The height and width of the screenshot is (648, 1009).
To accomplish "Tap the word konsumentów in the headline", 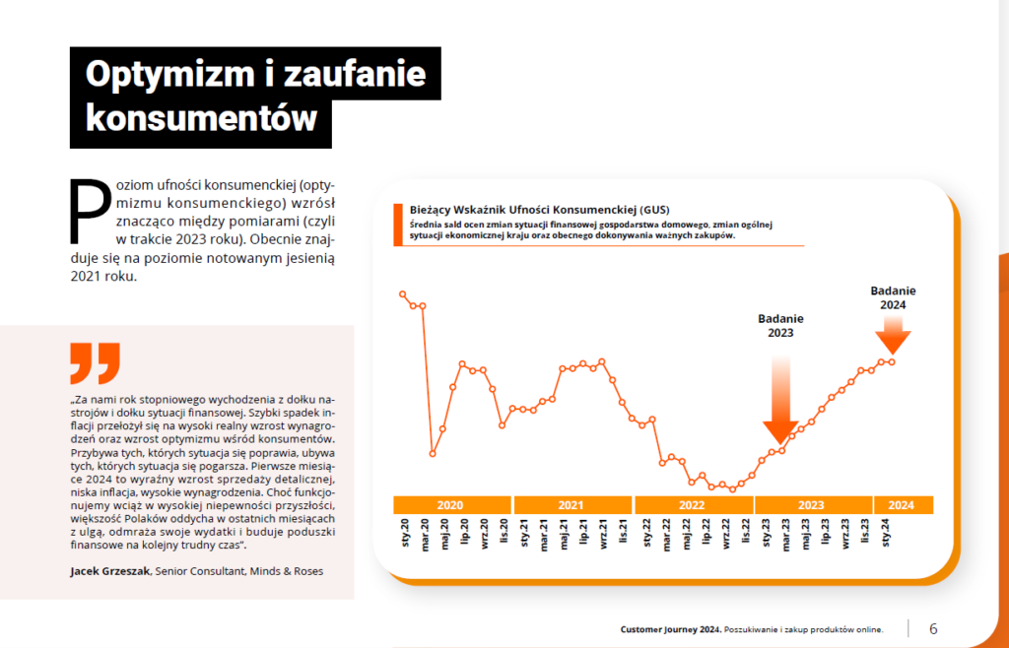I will pyautogui.click(x=202, y=118).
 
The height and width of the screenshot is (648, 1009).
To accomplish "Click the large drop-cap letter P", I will pyautogui.click(x=90, y=211).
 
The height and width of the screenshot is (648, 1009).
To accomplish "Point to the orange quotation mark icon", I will pyautogui.click(x=95, y=362).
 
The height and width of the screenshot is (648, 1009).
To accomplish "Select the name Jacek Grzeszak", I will pyautogui.click(x=108, y=571).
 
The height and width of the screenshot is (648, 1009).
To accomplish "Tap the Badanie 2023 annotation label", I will pyautogui.click(x=780, y=326).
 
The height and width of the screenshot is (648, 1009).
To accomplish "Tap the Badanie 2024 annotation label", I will pyautogui.click(x=894, y=297).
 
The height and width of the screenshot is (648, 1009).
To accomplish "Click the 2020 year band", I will pyautogui.click(x=450, y=505).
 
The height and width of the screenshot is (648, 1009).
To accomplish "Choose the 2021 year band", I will pyautogui.click(x=571, y=505).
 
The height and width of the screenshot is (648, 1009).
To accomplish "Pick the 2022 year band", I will pyautogui.click(x=692, y=505).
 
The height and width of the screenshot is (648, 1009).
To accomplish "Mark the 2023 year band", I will pyautogui.click(x=811, y=505).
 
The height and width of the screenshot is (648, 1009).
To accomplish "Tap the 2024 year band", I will pyautogui.click(x=902, y=505).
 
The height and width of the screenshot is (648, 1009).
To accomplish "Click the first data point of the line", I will pyautogui.click(x=402, y=293).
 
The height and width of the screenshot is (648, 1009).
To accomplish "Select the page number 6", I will pyautogui.click(x=933, y=628).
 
